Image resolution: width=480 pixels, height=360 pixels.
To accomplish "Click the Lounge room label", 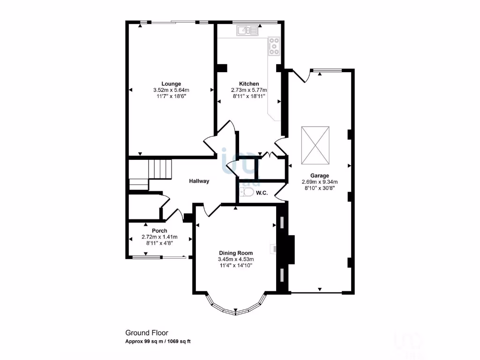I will pos(171,84).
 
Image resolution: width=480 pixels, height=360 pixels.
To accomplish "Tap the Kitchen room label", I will pos(248,84).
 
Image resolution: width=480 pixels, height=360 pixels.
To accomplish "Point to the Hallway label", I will pos(199,181).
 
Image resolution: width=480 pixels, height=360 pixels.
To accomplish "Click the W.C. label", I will pos(262,193).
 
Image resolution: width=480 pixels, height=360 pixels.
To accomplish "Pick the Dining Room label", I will pos(235,253).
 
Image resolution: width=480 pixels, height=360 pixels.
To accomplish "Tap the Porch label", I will pos(160,231).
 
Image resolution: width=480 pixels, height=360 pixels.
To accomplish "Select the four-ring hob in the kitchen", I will pos(273,46).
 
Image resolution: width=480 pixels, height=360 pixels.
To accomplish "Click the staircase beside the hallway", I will pos(160,167).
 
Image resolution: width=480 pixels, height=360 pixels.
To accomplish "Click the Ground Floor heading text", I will pos(143,333).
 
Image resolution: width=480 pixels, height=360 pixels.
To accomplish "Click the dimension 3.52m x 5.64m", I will pos(171,90).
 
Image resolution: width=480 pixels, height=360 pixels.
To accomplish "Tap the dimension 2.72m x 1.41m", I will pos(160,237).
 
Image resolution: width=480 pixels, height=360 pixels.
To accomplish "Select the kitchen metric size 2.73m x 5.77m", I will pos(248,90).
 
